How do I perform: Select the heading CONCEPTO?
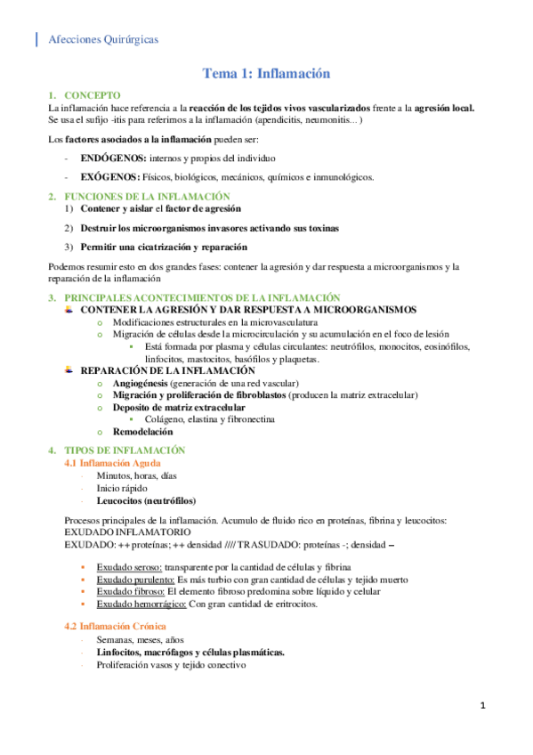(x=93, y=95)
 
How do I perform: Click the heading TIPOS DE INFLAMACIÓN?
(x=125, y=451)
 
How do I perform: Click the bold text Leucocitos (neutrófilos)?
(x=147, y=500)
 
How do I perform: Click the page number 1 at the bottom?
(x=482, y=706)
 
